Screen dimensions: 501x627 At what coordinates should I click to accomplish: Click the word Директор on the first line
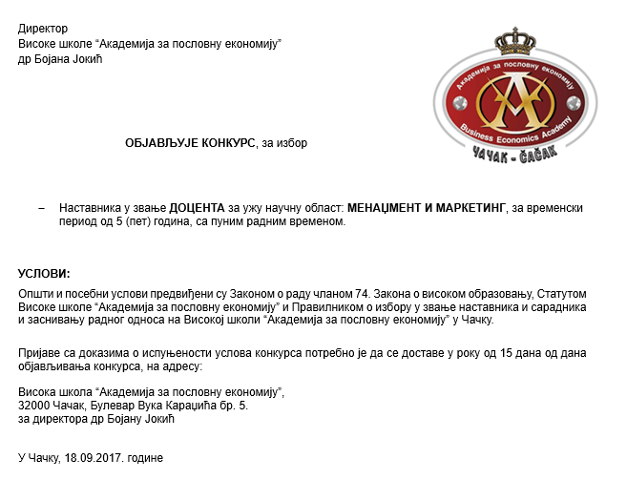[x=44, y=30]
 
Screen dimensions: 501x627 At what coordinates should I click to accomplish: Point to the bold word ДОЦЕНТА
[x=198, y=208]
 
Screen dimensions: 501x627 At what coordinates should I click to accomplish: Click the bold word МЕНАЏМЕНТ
[x=386, y=208]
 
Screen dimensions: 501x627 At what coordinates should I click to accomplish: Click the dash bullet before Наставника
[x=41, y=208]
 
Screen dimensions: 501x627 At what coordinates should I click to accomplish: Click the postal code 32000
[x=35, y=406]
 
